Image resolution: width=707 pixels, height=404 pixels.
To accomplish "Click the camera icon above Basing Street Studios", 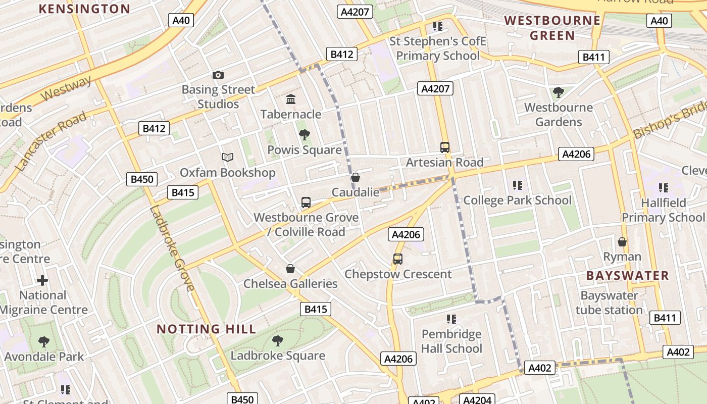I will pyautogui.click(x=218, y=75).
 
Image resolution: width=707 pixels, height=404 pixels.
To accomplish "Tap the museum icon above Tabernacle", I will pyautogui.click(x=291, y=99).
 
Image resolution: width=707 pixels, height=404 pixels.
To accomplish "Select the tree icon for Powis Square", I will pyautogui.click(x=304, y=135).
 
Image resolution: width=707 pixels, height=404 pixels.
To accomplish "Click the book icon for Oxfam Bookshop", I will pyautogui.click(x=228, y=158).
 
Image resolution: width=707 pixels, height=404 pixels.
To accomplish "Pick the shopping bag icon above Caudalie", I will pyautogui.click(x=356, y=177).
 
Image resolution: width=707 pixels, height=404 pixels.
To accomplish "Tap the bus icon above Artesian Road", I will pyautogui.click(x=445, y=147).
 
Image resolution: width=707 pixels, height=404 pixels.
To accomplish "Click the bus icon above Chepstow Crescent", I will pyautogui.click(x=398, y=259).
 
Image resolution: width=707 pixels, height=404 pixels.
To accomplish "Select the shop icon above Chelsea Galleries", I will pyautogui.click(x=290, y=269).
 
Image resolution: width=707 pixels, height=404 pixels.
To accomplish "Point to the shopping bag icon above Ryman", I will pyautogui.click(x=622, y=242).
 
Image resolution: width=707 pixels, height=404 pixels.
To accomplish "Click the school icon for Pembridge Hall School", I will pyautogui.click(x=451, y=319).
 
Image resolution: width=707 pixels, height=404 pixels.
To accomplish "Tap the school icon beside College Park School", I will pyautogui.click(x=517, y=185).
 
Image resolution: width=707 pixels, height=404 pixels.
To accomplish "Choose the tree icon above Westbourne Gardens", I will pyautogui.click(x=559, y=92).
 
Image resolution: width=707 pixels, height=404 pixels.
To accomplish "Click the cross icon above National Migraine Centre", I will pyautogui.click(x=43, y=280).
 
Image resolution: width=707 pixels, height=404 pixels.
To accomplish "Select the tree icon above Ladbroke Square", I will pyautogui.click(x=278, y=340).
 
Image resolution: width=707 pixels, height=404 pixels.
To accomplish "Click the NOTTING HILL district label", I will pyautogui.click(x=206, y=329).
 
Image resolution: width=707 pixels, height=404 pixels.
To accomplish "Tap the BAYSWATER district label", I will pyautogui.click(x=627, y=276).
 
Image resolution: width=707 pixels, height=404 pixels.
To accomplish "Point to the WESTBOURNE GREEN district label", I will pyautogui.click(x=552, y=28).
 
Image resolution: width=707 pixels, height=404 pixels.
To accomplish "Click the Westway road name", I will pyautogui.click(x=66, y=89).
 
